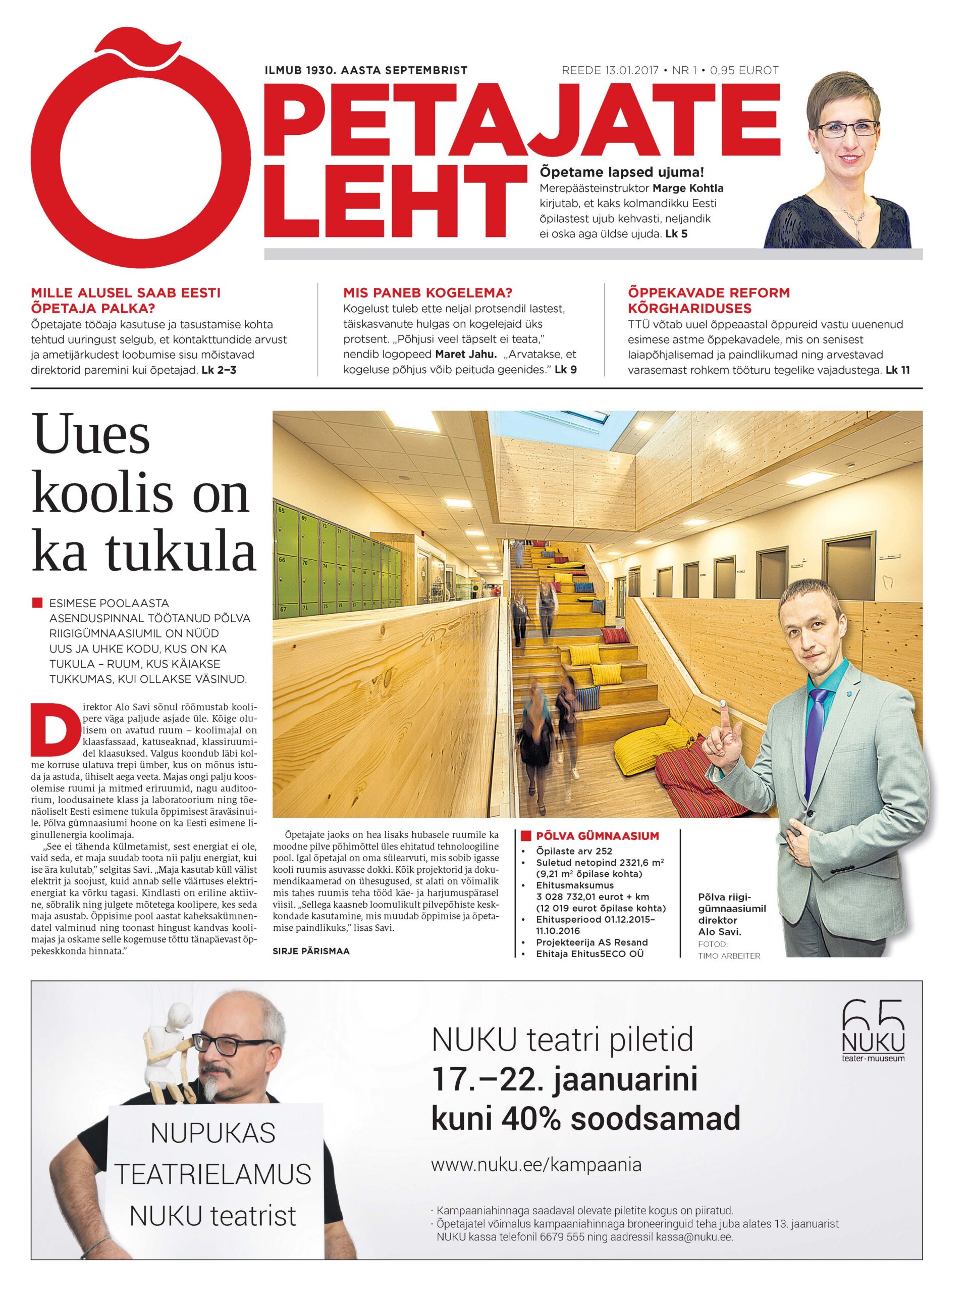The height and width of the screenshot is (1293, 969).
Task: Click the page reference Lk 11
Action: click(x=897, y=370)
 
